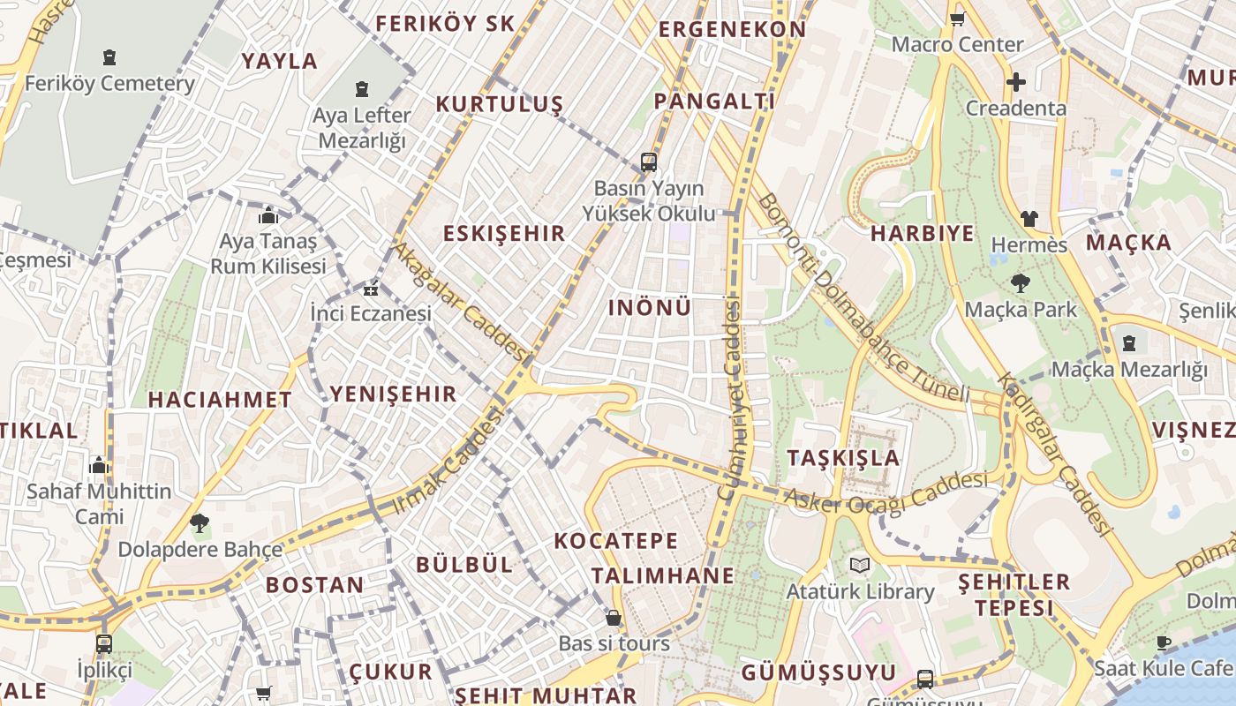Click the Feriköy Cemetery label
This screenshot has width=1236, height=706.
pyautogui.click(x=109, y=84)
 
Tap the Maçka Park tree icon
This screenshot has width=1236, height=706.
pyautogui.click(x=1021, y=284)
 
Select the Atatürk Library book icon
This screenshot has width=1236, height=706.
pyautogui.click(x=860, y=566)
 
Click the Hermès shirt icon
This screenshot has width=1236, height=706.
pyautogui.click(x=1029, y=219)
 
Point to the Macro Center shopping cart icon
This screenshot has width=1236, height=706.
pyautogui.click(x=957, y=19)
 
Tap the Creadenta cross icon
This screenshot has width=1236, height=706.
pyautogui.click(x=1016, y=83)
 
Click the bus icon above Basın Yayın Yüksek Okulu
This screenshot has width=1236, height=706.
pyautogui.click(x=649, y=162)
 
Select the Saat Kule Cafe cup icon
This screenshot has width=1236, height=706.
pyautogui.click(x=1164, y=642)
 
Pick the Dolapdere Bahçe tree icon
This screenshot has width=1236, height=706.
pyautogui.click(x=200, y=523)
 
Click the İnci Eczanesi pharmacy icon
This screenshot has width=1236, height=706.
pyautogui.click(x=371, y=289)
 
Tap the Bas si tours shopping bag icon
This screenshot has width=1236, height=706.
pyautogui.click(x=614, y=618)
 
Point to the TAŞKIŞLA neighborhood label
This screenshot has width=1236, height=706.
pyautogui.click(x=843, y=458)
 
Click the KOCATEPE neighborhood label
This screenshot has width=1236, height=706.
pyautogui.click(x=616, y=541)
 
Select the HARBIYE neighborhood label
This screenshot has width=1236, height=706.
pyautogui.click(x=923, y=234)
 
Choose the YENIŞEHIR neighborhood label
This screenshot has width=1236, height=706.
pyautogui.click(x=393, y=394)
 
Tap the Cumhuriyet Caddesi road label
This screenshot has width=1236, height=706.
pyautogui.click(x=731, y=399)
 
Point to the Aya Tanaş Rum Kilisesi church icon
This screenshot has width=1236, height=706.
pyautogui.click(x=268, y=215)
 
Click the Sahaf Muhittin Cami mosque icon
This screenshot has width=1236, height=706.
pyautogui.click(x=99, y=465)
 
